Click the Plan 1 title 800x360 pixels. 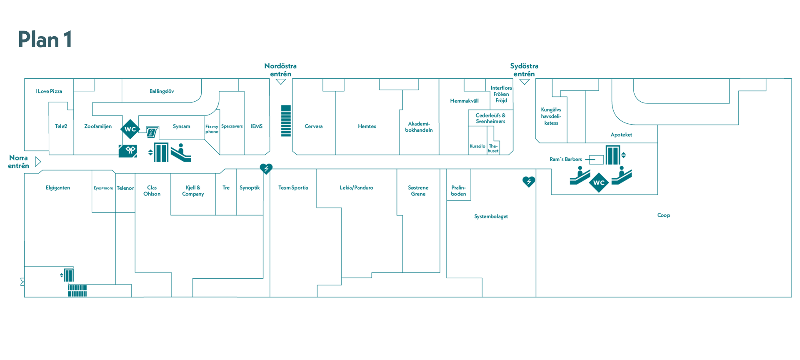click(x=45, y=40)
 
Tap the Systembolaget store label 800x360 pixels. click(x=491, y=216)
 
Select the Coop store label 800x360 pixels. click(x=664, y=215)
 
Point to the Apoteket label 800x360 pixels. click(x=621, y=135)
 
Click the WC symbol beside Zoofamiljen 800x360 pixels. click(x=130, y=129)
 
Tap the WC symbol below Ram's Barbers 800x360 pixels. click(x=599, y=182)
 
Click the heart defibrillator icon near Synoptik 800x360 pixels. click(x=266, y=168)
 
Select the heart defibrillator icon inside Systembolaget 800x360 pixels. click(x=529, y=182)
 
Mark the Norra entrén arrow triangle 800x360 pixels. click(x=38, y=161)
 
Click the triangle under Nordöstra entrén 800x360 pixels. click(x=281, y=82)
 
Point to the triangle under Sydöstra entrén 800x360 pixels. click(x=524, y=82)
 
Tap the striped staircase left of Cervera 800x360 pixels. click(x=286, y=121)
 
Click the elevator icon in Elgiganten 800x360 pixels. click(x=69, y=275)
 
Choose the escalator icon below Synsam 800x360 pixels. click(x=181, y=153)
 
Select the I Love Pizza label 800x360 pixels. click(x=49, y=91)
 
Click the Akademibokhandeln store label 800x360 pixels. click(x=419, y=127)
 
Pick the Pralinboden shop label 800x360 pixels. click(x=458, y=190)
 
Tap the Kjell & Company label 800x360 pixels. click(x=193, y=190)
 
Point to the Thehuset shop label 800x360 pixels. click(x=493, y=148)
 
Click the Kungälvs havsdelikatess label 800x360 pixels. click(x=551, y=116)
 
